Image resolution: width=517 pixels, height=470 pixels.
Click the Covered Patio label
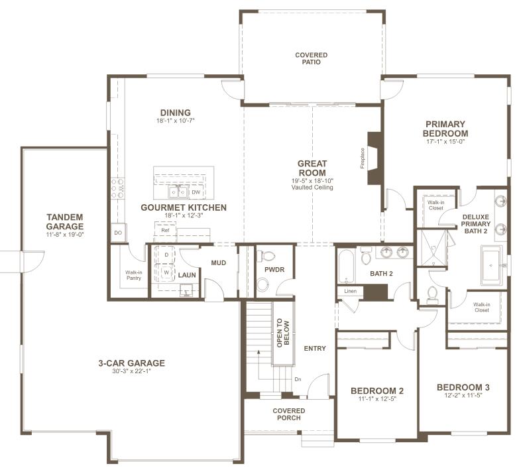(311, 58)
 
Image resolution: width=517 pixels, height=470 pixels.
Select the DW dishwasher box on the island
(196, 193)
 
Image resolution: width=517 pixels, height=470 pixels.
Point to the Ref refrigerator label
(165, 230)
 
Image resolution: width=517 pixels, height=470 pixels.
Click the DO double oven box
(118, 233)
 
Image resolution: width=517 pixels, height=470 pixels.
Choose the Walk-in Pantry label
(134, 275)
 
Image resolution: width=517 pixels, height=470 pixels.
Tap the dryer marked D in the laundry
(166, 255)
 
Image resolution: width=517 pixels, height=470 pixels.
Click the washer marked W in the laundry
(166, 271)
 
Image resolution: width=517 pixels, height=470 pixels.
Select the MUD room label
(219, 263)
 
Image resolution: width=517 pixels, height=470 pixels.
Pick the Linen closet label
(350, 291)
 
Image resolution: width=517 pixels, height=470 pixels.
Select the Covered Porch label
(289, 414)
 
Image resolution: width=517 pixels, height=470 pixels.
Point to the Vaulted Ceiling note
(312, 188)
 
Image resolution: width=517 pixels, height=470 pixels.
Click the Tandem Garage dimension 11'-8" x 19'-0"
(65, 234)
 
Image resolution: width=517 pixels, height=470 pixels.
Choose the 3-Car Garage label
(131, 363)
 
